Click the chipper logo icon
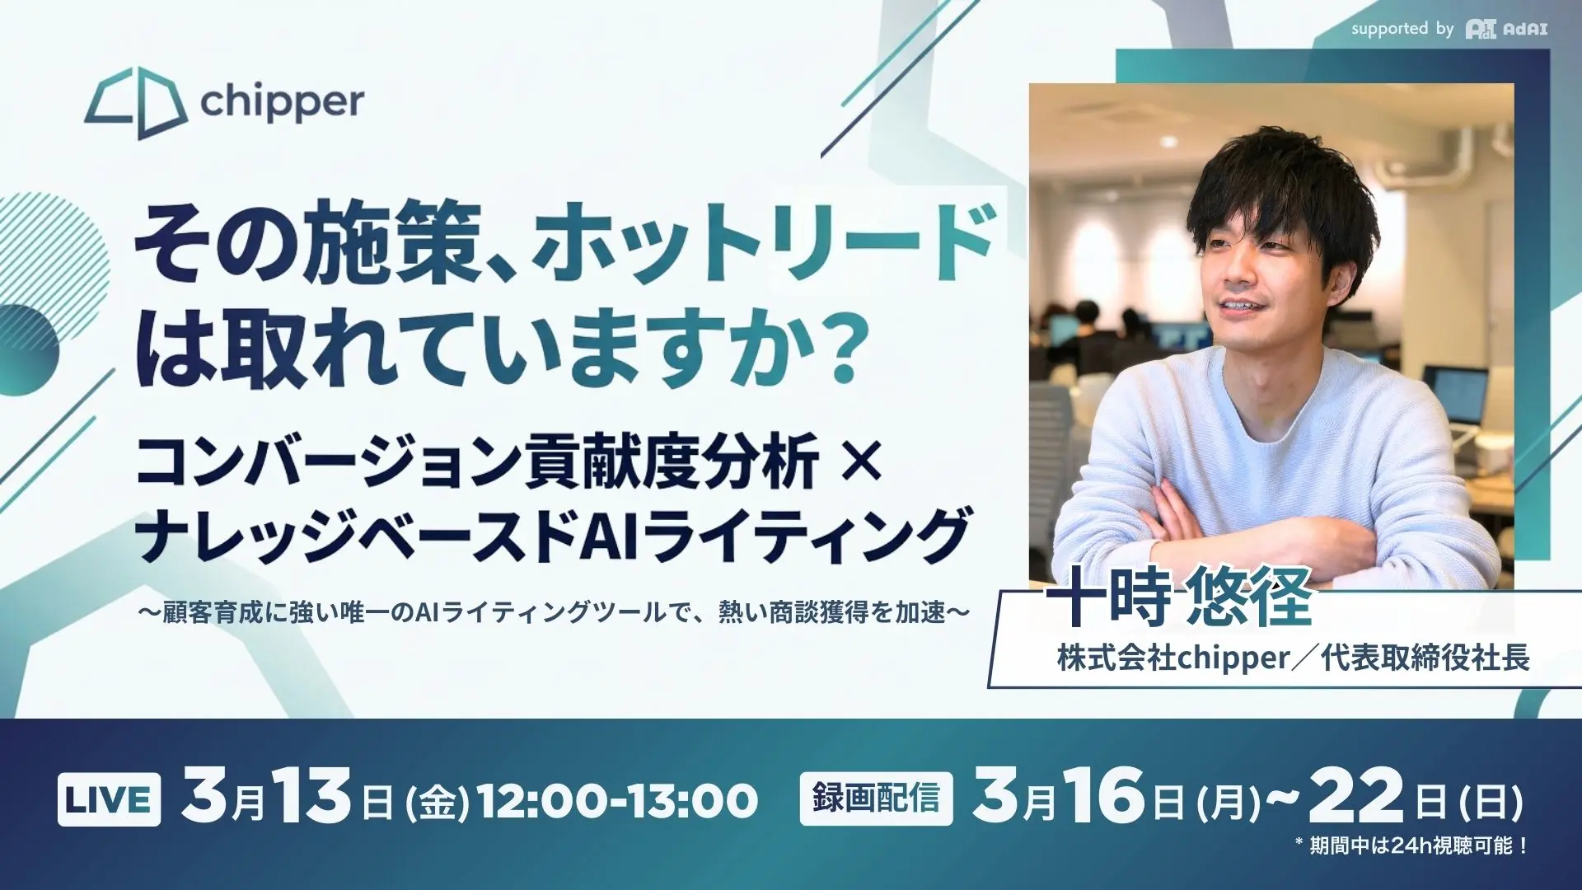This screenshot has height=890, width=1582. click(x=136, y=103)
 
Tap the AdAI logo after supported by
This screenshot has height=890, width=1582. click(x=1506, y=30)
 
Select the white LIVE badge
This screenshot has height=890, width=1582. click(x=109, y=799)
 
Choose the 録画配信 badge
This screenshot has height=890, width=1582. click(x=876, y=799)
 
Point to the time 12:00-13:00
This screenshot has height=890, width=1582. click(x=618, y=801)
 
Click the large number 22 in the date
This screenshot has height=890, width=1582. click(x=1355, y=796)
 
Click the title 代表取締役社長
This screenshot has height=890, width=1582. click(x=1425, y=658)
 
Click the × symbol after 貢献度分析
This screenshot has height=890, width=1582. click(x=863, y=461)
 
